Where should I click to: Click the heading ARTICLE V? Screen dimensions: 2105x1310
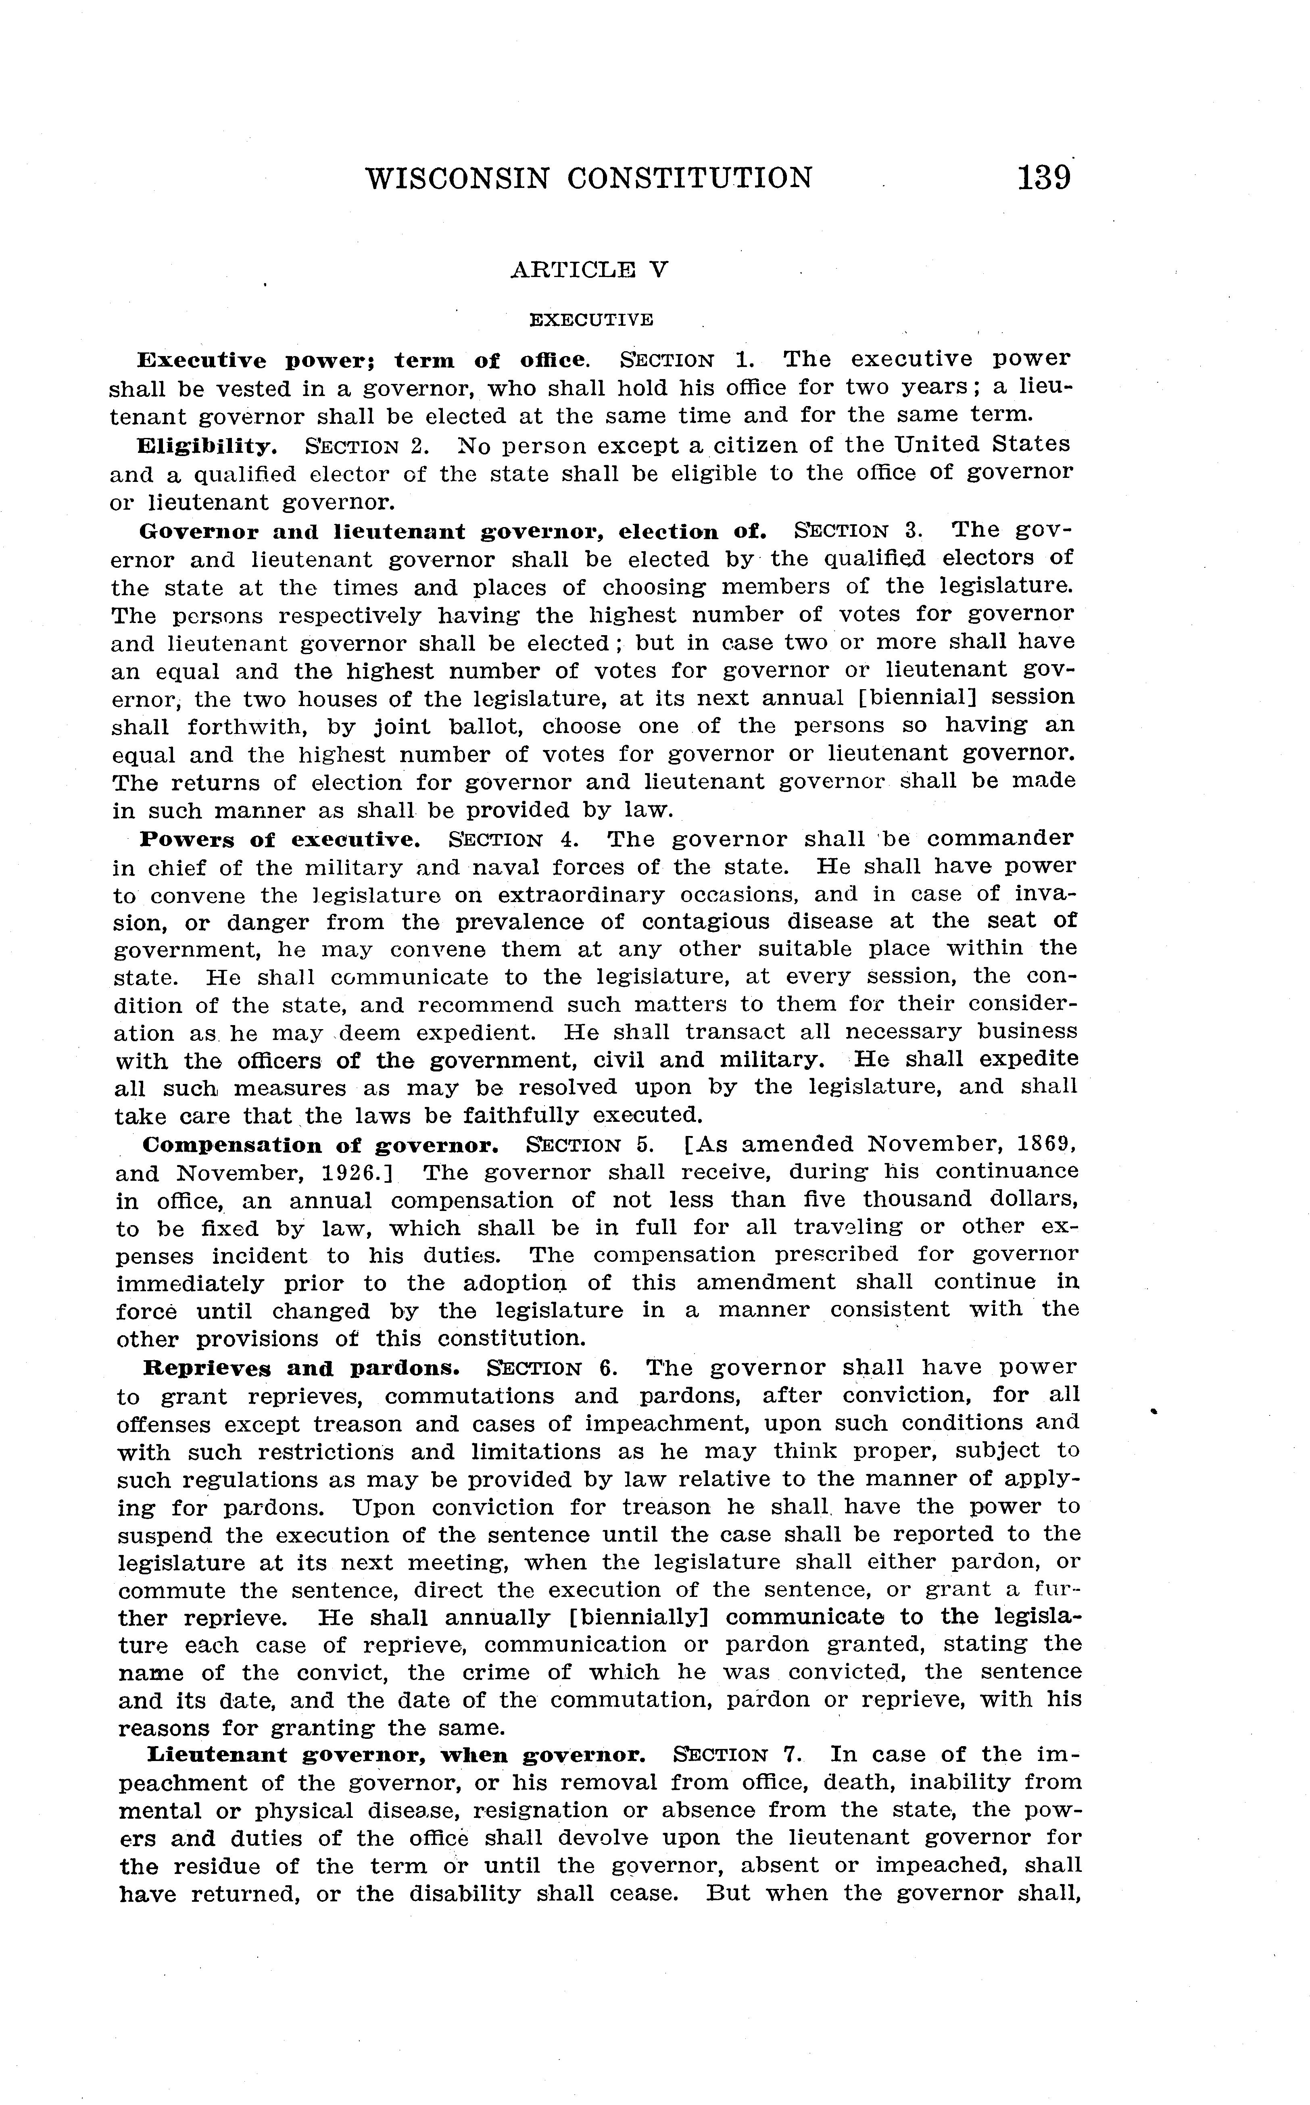[x=589, y=269]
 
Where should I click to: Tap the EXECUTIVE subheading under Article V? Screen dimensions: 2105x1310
[x=591, y=320]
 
